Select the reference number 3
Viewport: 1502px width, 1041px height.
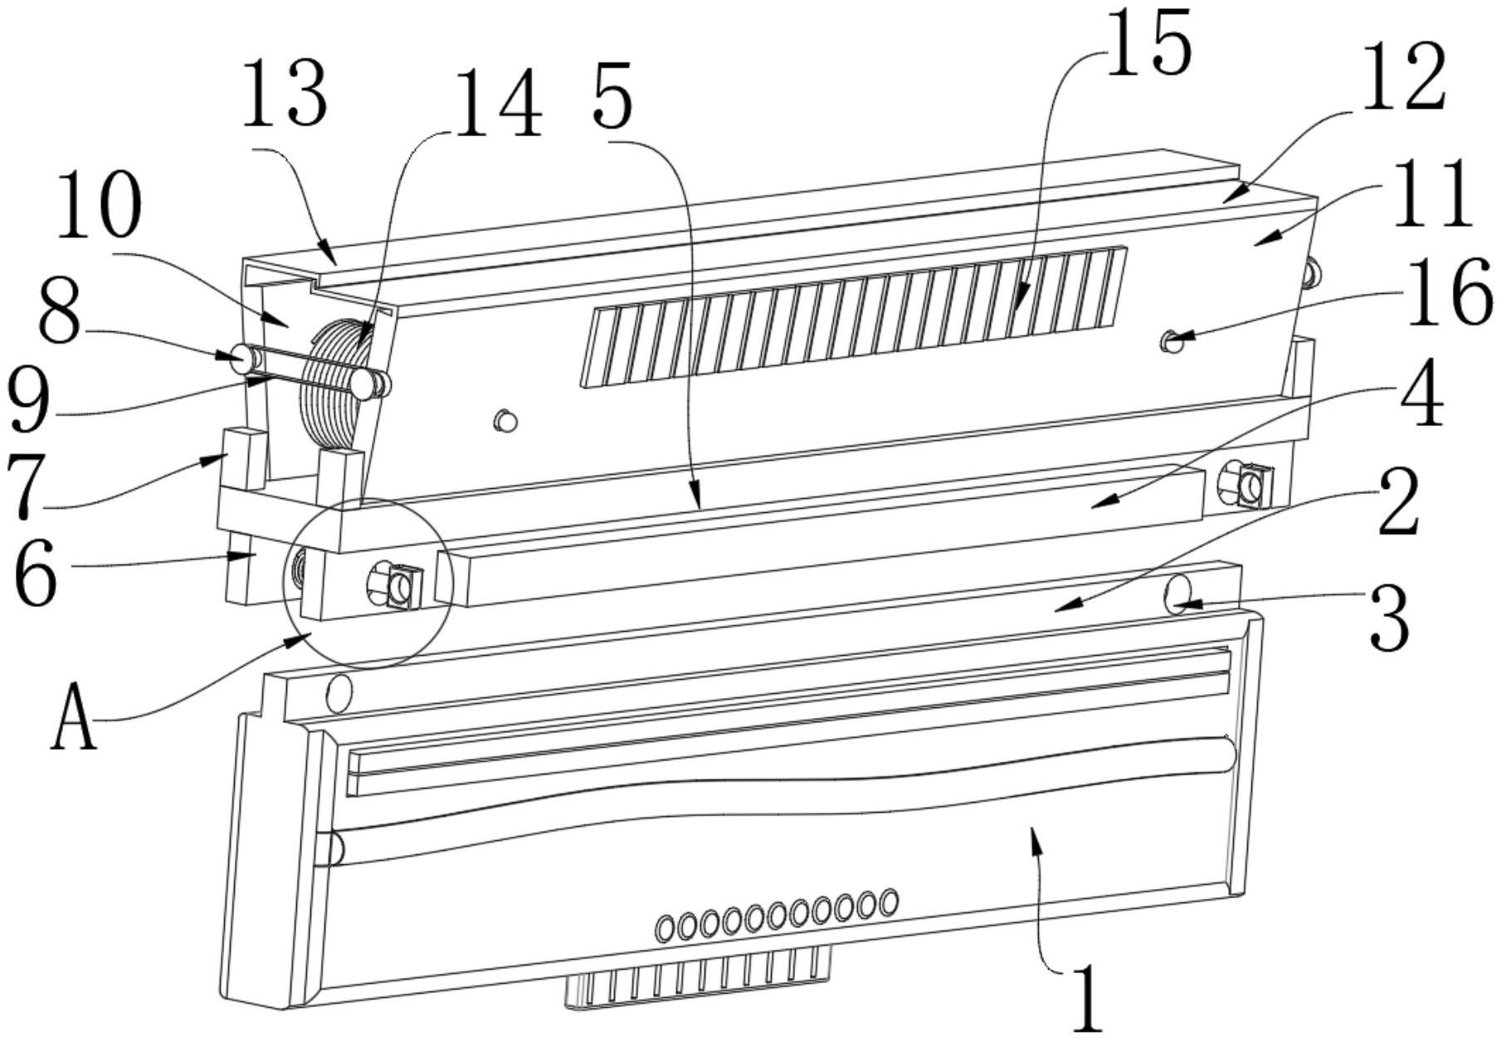pyautogui.click(x=1390, y=618)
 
